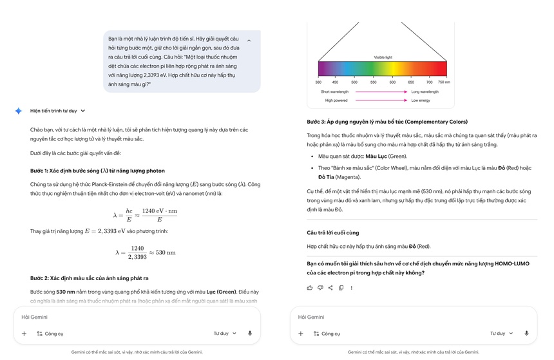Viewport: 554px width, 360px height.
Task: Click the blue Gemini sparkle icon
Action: [19, 111]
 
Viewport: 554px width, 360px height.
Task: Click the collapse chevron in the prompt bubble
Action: [249, 41]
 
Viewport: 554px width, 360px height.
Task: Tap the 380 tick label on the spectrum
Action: [318, 82]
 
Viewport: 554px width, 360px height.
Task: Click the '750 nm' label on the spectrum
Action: [443, 82]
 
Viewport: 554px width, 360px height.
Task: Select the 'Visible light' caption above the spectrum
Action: [384, 57]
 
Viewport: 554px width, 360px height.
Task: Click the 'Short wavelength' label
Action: [336, 92]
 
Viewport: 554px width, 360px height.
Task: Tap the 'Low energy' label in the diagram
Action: [421, 100]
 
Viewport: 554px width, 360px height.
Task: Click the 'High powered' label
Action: [336, 100]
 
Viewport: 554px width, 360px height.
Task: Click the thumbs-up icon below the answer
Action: [310, 288]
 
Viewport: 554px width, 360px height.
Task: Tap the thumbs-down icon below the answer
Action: [320, 288]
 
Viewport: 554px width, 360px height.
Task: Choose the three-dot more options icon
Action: [351, 288]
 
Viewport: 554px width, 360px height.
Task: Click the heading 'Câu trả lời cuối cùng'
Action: [333, 232]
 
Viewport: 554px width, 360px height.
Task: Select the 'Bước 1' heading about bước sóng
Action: [97, 171]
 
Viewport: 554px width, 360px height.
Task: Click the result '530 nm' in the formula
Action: [166, 252]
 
